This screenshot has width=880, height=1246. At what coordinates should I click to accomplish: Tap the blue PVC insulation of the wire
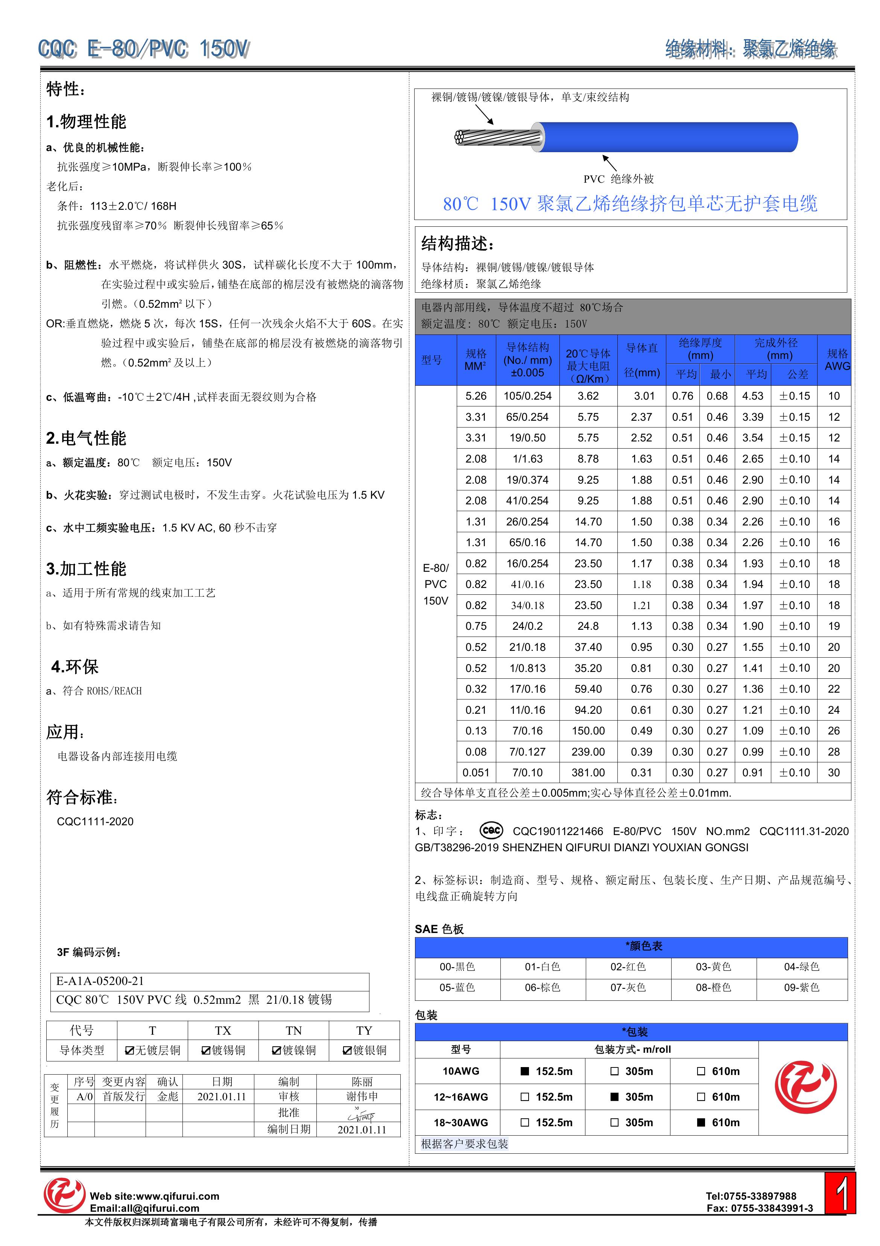[667, 137]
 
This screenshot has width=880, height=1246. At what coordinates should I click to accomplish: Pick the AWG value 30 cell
[833, 772]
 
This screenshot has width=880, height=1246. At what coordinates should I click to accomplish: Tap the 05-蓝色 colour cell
[457, 987]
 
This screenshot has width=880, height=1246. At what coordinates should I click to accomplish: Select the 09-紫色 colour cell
[801, 987]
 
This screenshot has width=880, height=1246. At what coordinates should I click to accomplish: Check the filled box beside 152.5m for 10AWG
[524, 1071]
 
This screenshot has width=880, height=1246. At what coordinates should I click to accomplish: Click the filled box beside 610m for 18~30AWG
[701, 1122]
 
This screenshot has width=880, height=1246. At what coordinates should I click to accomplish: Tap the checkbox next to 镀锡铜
[206, 1051]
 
